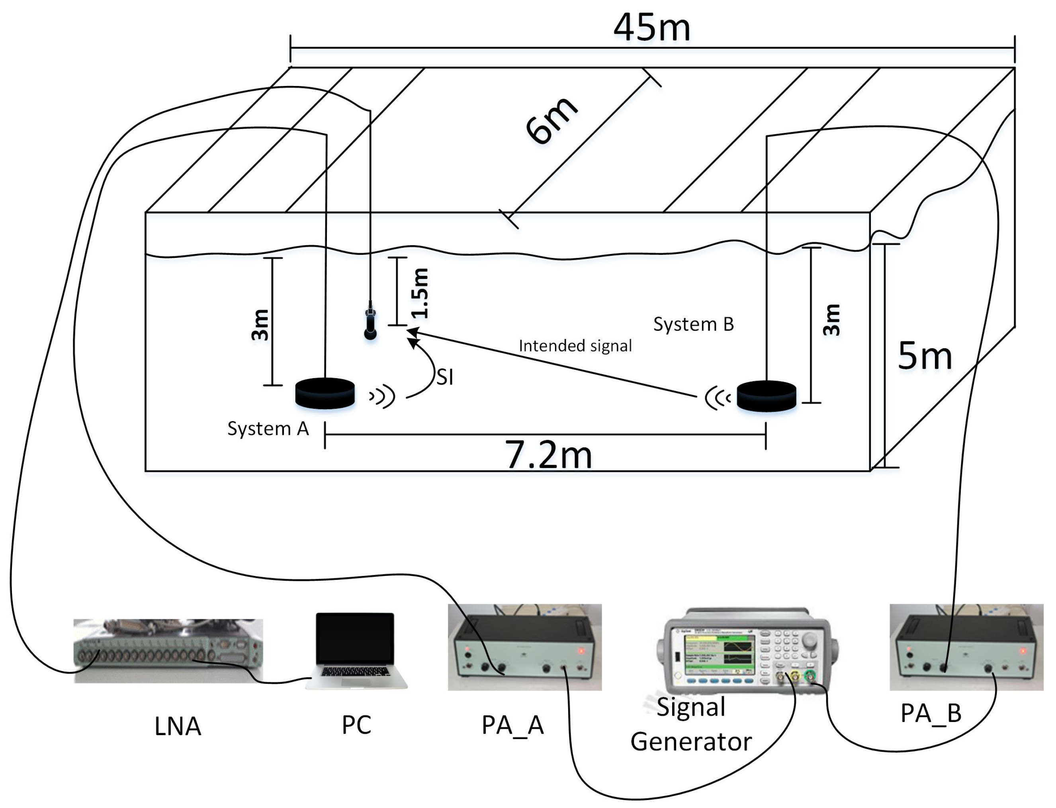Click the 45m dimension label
[x=651, y=27]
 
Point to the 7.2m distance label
[x=548, y=455]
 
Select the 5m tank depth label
[x=924, y=356]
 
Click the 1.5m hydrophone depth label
[x=420, y=293]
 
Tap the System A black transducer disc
[x=325, y=393]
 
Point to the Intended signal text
[x=575, y=346]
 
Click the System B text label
[x=693, y=325]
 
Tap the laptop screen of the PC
[x=355, y=638]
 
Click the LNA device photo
[x=168, y=651]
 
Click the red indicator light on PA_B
[x=1023, y=651]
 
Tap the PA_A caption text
[x=512, y=725]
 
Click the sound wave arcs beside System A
[x=383, y=397]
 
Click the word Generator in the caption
[x=691, y=742]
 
